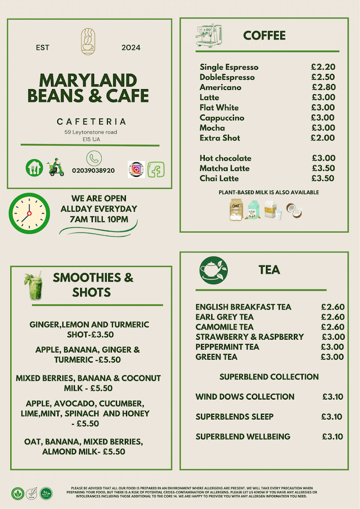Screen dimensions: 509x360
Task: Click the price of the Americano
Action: [x=324, y=87]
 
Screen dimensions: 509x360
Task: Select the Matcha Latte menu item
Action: [x=225, y=168]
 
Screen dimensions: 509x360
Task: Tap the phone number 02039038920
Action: [x=93, y=171]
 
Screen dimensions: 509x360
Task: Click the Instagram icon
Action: [x=136, y=169]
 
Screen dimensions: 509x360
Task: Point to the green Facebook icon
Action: [x=156, y=170]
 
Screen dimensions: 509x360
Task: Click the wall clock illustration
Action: [x=29, y=213]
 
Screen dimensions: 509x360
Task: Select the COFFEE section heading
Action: [x=264, y=36]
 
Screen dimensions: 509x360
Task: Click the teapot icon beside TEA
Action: [x=213, y=270]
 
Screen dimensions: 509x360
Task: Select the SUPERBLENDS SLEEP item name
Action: [x=234, y=417]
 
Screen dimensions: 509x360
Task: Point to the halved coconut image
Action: [x=294, y=210]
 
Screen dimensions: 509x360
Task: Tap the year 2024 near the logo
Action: [x=131, y=48]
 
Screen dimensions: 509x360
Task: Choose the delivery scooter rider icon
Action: [x=55, y=168]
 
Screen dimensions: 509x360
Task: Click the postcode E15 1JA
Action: [x=91, y=139]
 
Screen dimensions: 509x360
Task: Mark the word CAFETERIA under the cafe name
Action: [x=91, y=122]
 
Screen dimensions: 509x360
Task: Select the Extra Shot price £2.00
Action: [x=323, y=138]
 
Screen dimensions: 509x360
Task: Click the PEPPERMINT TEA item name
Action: [x=227, y=347]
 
